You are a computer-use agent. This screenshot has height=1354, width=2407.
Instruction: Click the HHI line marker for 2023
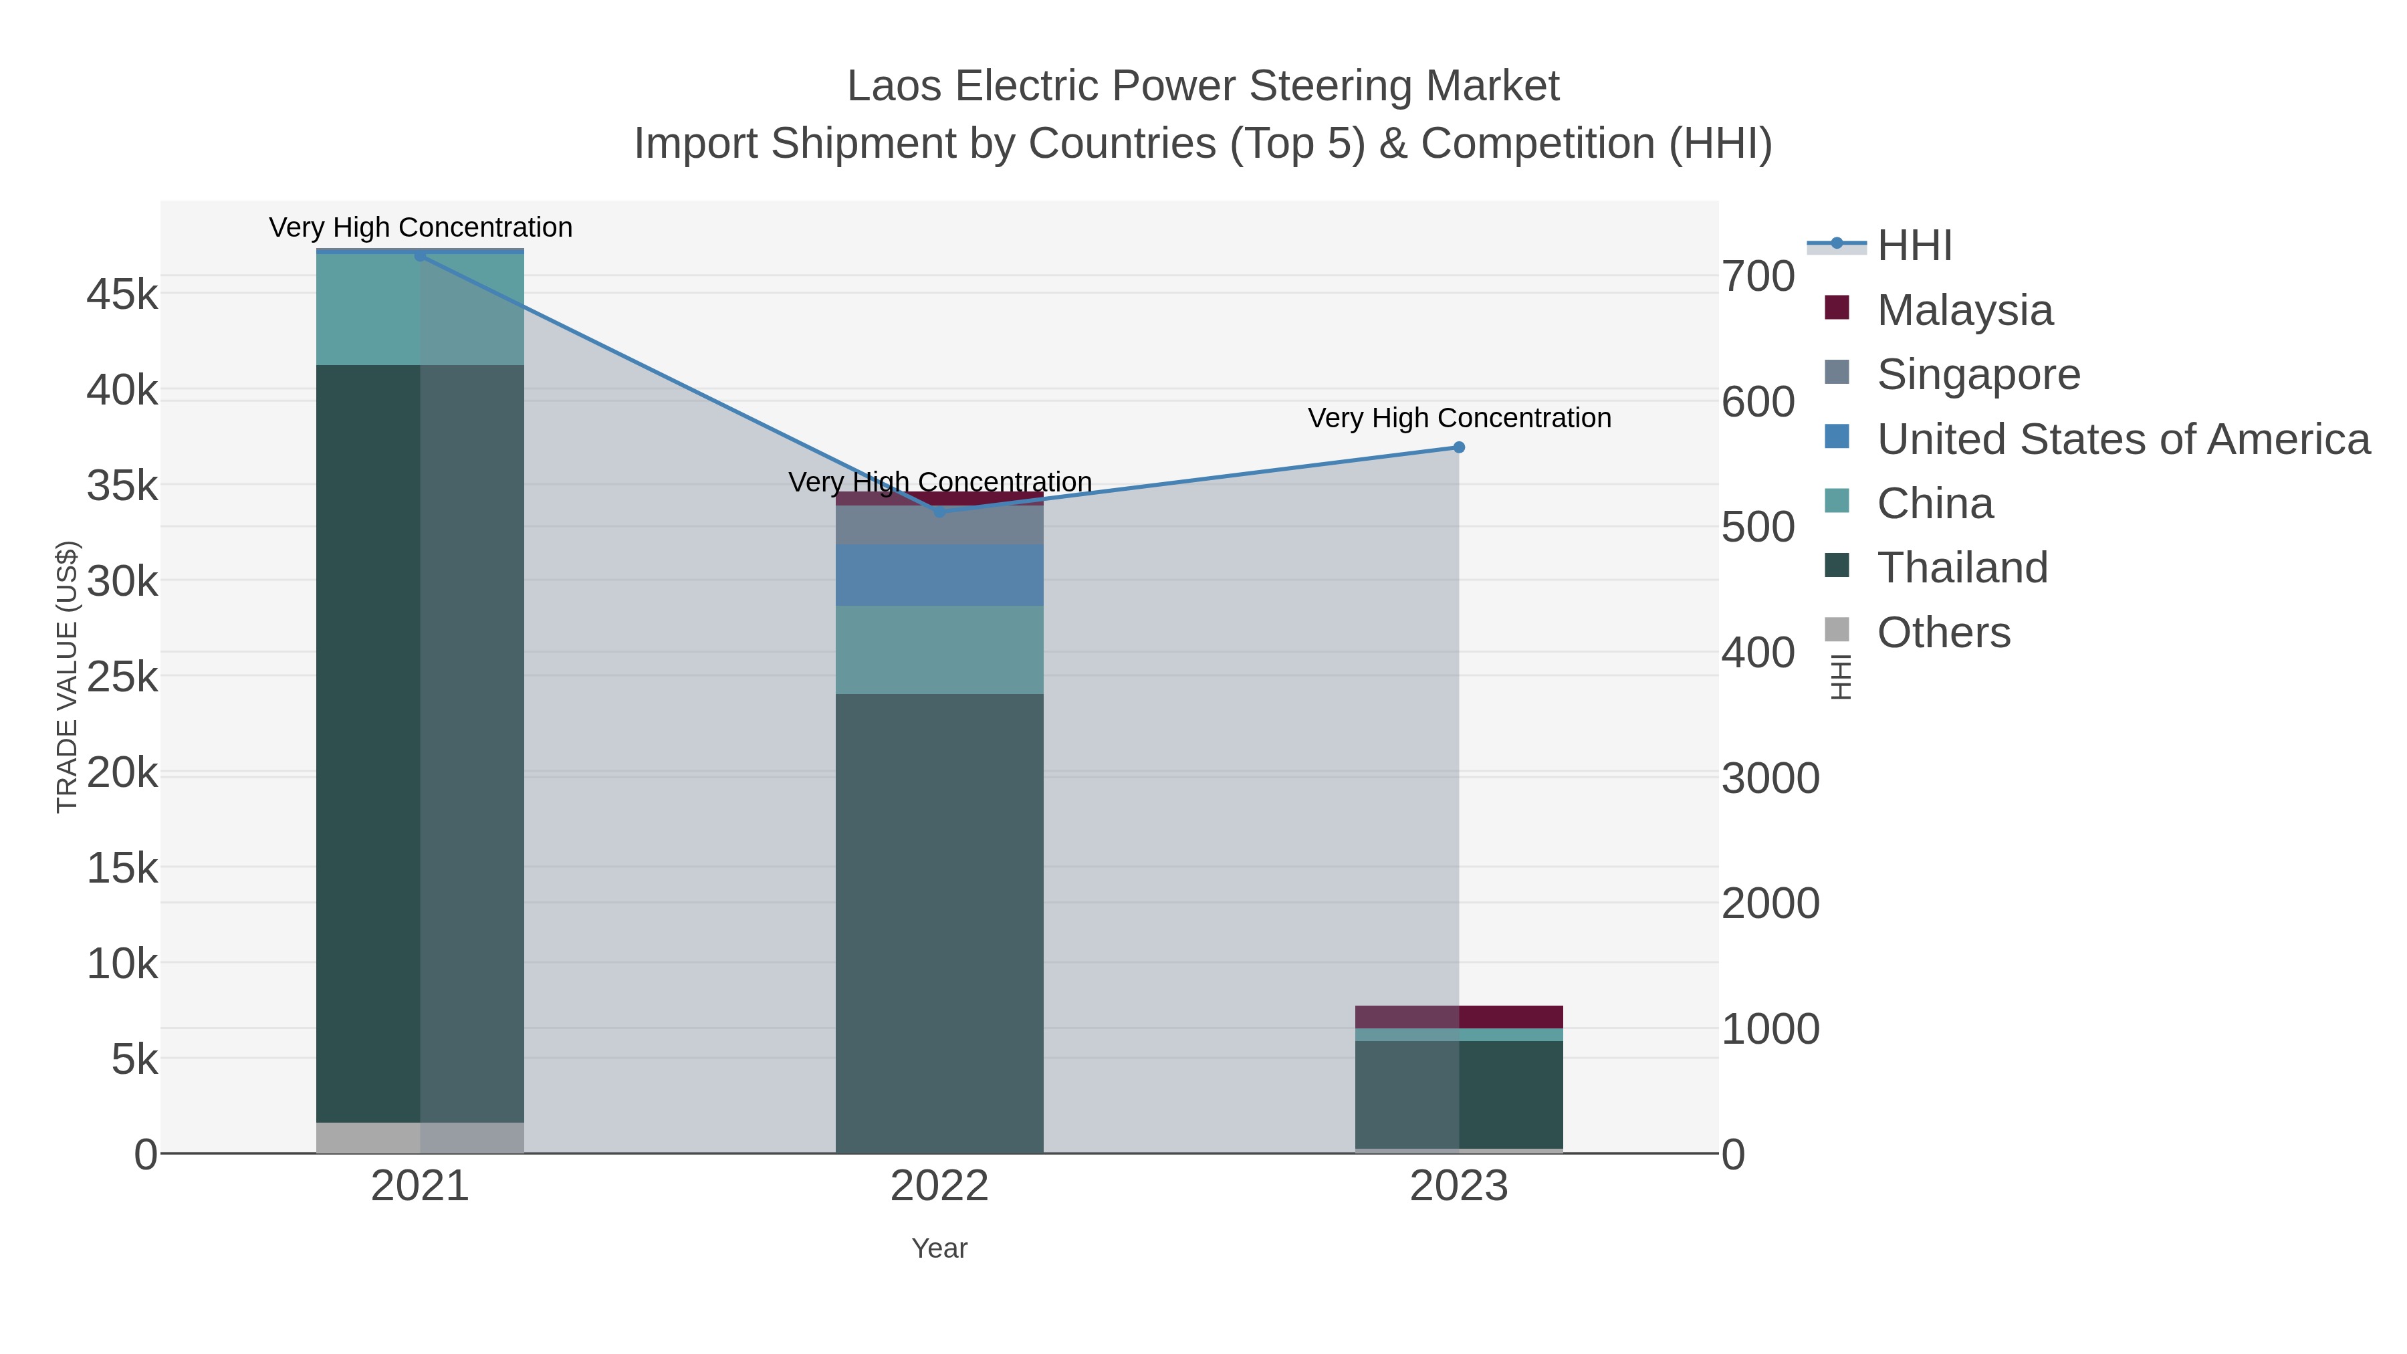tap(1459, 447)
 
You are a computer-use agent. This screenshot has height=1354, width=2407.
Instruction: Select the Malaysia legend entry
tap(1964, 310)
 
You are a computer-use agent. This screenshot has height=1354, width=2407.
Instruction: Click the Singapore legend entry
tap(1978, 374)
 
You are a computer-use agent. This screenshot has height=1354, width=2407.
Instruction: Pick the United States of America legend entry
tap(2122, 439)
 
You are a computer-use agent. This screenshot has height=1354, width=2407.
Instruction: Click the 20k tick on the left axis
tap(122, 773)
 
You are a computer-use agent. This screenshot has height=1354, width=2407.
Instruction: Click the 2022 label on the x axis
tap(939, 1187)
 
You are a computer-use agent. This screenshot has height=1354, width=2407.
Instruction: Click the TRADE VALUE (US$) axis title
tap(68, 677)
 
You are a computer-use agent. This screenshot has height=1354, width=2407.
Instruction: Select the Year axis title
tap(939, 1248)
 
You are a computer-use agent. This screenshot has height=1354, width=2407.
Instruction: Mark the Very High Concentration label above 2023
tap(1459, 418)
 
